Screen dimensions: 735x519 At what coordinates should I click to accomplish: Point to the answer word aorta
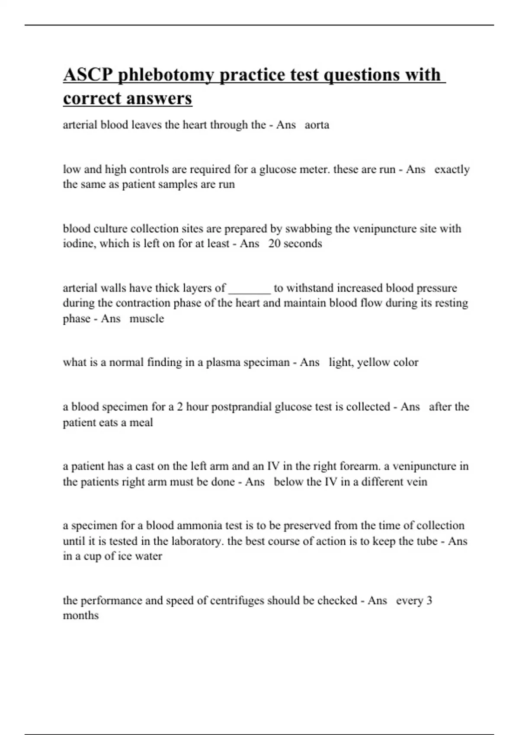click(317, 125)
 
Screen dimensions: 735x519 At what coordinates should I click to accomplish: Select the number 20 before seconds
click(274, 243)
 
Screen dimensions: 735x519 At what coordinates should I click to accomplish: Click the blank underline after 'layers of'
click(250, 288)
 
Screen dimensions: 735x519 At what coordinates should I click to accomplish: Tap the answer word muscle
click(147, 319)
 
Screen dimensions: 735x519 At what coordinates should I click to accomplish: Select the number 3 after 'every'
click(429, 601)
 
